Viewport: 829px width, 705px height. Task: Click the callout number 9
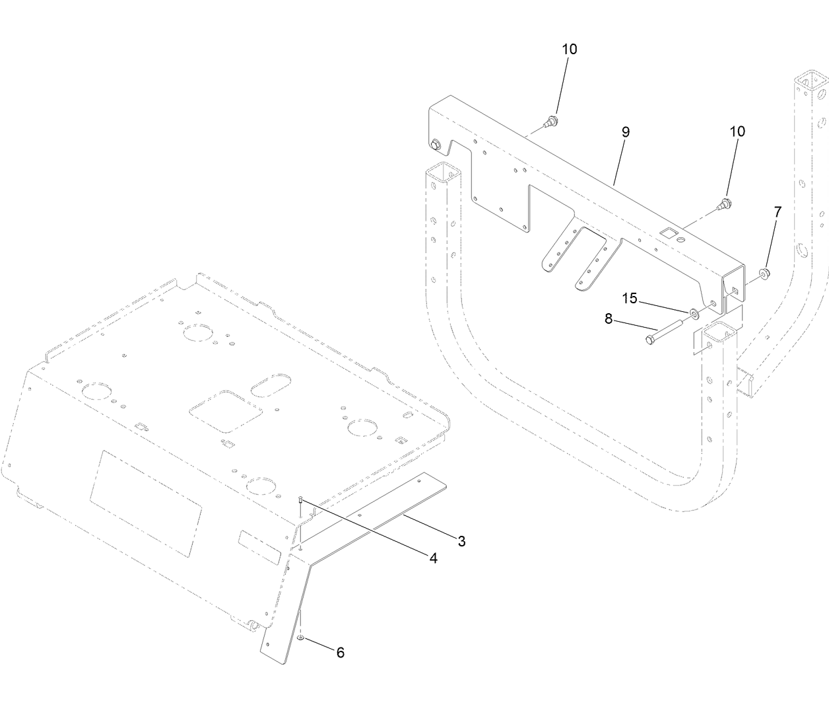click(625, 132)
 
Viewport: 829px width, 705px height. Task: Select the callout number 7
click(778, 213)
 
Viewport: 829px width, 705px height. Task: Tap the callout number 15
click(630, 299)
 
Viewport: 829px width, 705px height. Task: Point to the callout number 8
click(609, 318)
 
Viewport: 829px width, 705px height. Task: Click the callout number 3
click(461, 542)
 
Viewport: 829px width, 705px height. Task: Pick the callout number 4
click(433, 558)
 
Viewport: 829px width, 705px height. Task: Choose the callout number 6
click(340, 653)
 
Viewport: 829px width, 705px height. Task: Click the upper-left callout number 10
click(569, 50)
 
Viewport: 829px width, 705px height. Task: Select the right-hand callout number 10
click(737, 131)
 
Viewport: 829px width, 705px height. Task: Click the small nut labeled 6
click(301, 638)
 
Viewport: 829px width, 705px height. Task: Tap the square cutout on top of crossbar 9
click(668, 233)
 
